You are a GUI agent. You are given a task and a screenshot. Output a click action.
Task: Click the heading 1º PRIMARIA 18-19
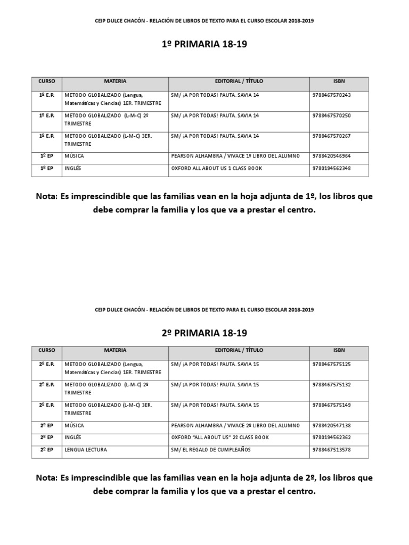pyautogui.click(x=204, y=45)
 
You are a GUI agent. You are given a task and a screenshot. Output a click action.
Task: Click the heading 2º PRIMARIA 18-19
pyautogui.click(x=204, y=333)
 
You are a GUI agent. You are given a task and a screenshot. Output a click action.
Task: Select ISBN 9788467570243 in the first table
pyautogui.click(x=332, y=95)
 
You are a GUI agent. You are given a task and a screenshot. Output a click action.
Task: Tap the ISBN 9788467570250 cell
pyautogui.click(x=332, y=115)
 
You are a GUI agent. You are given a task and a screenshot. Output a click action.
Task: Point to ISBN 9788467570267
pyautogui.click(x=332, y=136)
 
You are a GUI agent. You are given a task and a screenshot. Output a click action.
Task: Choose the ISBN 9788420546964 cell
pyautogui.click(x=332, y=156)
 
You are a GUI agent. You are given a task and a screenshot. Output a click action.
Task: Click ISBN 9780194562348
pyautogui.click(x=332, y=169)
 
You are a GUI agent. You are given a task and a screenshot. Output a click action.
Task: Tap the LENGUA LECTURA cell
pyautogui.click(x=86, y=450)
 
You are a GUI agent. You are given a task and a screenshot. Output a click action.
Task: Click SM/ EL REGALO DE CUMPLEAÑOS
pyautogui.click(x=210, y=450)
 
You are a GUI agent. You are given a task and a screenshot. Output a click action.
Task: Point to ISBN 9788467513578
pyautogui.click(x=332, y=450)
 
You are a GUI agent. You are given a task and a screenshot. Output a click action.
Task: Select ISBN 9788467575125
pyautogui.click(x=332, y=365)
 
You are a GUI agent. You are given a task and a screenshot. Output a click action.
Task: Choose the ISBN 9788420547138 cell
pyautogui.click(x=332, y=426)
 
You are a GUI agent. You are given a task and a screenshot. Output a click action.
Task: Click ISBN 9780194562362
pyautogui.click(x=332, y=438)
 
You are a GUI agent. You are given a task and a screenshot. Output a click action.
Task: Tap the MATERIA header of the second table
pyautogui.click(x=116, y=351)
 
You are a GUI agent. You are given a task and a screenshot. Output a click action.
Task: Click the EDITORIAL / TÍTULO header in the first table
pyautogui.click(x=239, y=81)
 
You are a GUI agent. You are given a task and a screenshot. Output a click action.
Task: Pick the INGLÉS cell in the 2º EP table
pyautogui.click(x=73, y=438)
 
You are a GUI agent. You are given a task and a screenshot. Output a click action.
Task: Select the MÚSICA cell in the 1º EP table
pyautogui.click(x=74, y=156)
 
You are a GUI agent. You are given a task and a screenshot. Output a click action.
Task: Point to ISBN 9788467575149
pyautogui.click(x=332, y=405)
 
